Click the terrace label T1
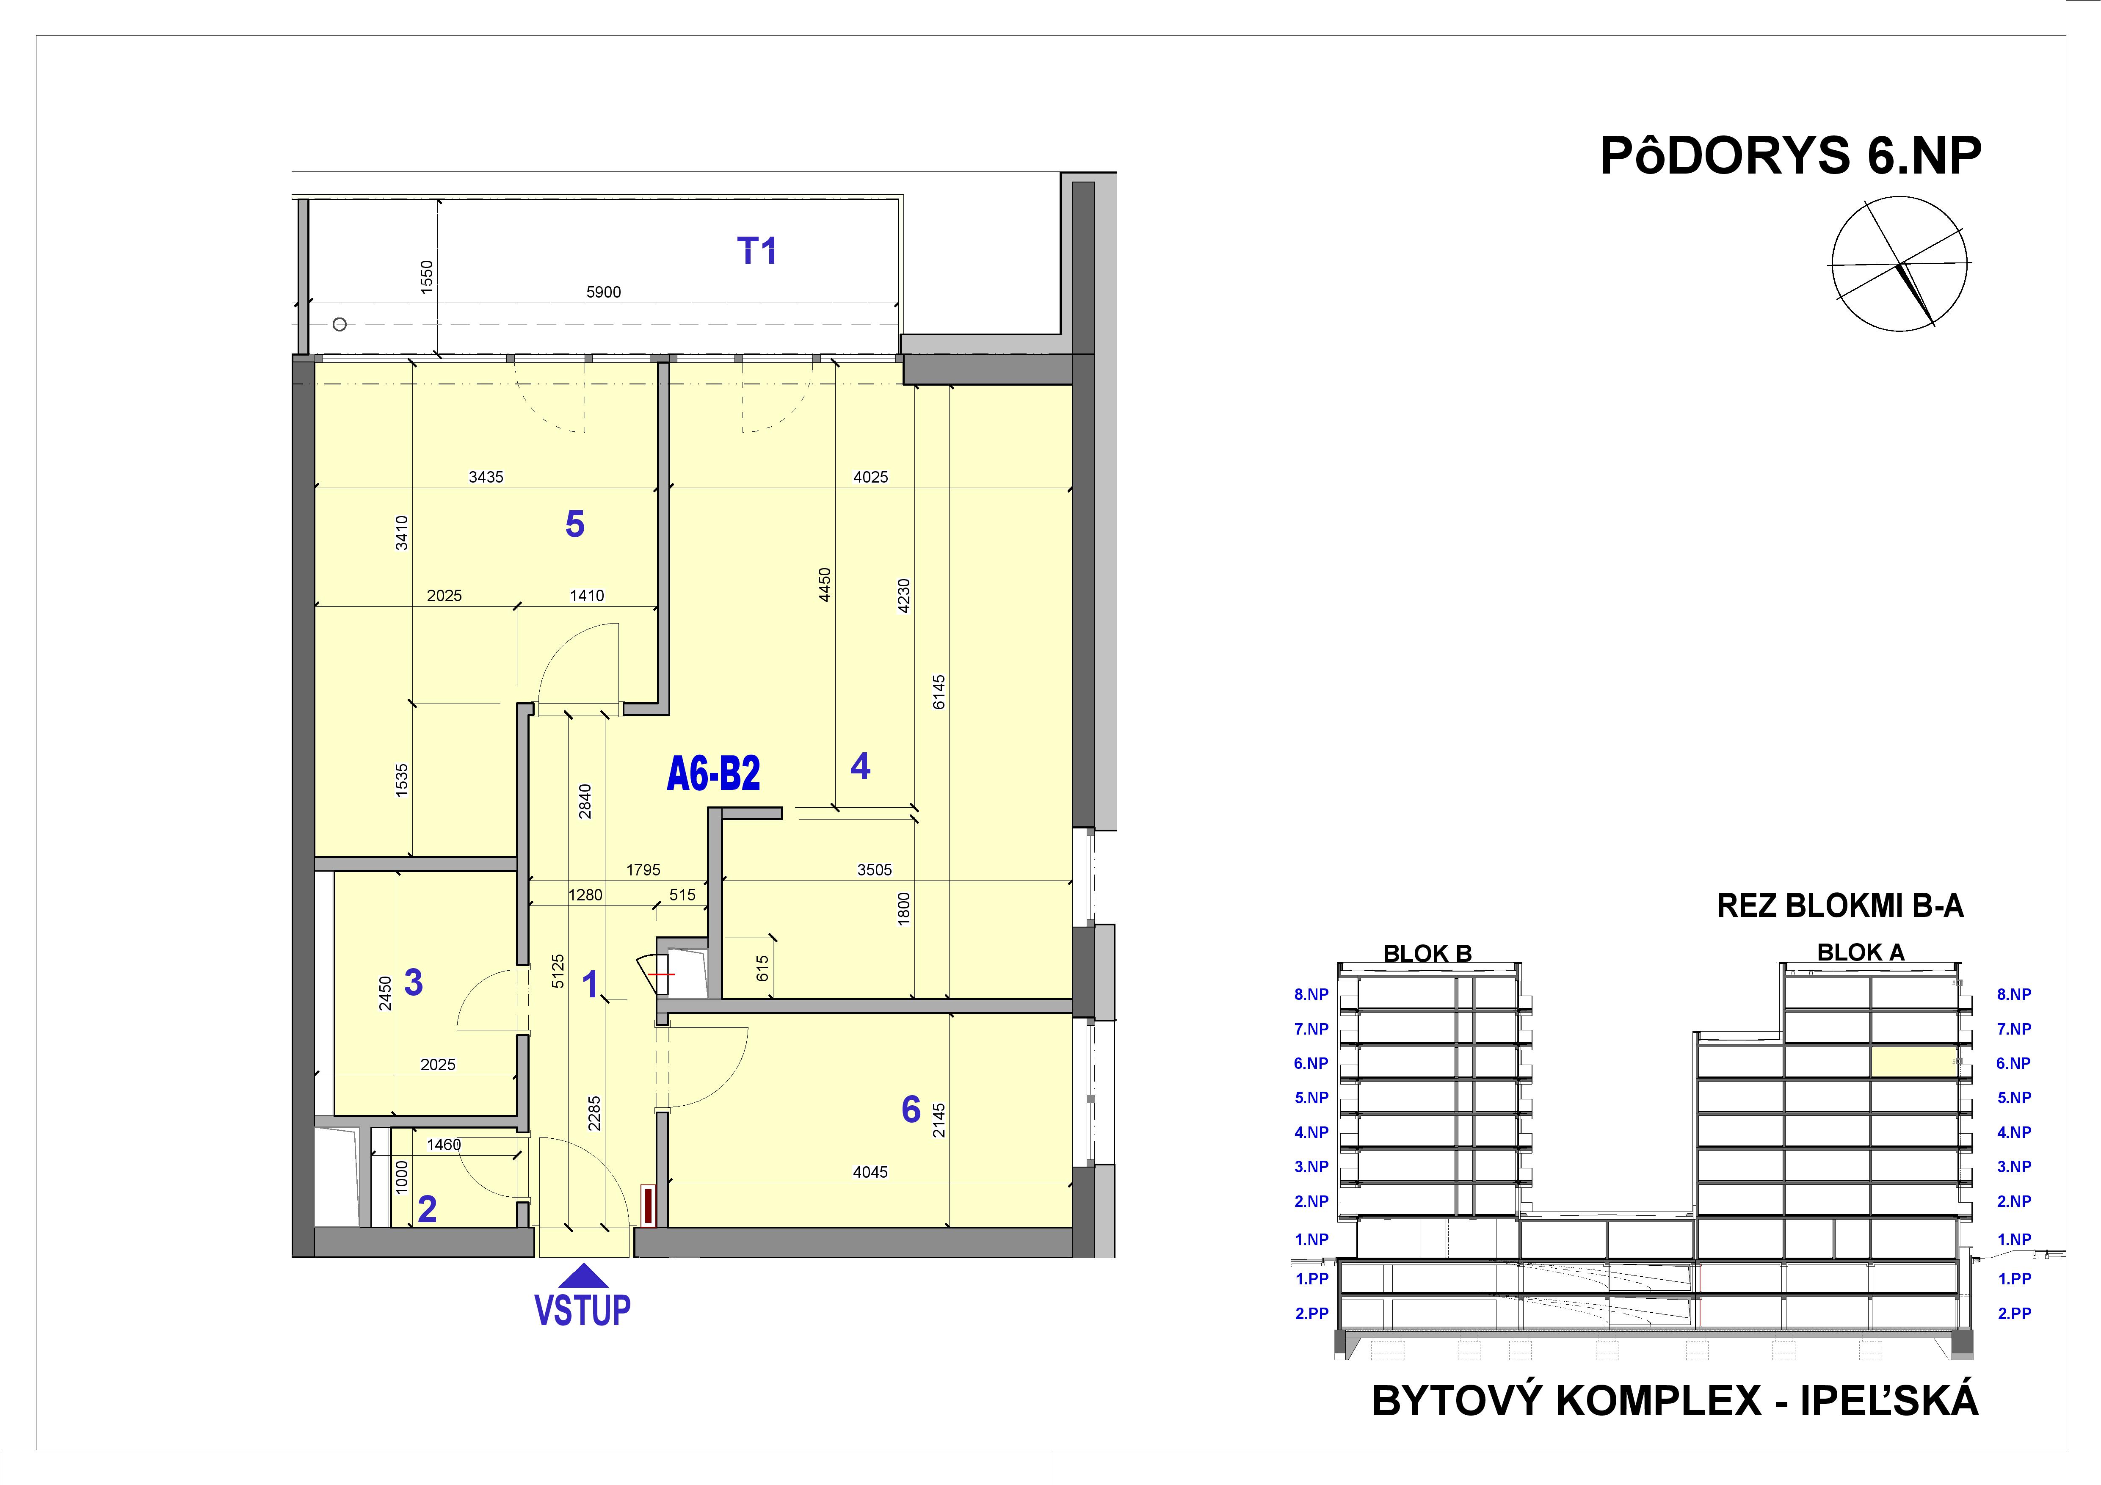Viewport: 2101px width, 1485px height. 757,251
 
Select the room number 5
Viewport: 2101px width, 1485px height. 574,524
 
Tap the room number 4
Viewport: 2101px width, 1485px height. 860,766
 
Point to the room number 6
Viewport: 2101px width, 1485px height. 911,1109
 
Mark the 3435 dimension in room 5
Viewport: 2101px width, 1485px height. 486,477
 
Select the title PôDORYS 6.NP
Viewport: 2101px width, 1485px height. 1790,157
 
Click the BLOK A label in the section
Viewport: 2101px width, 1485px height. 1861,952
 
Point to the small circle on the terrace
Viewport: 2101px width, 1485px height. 340,324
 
